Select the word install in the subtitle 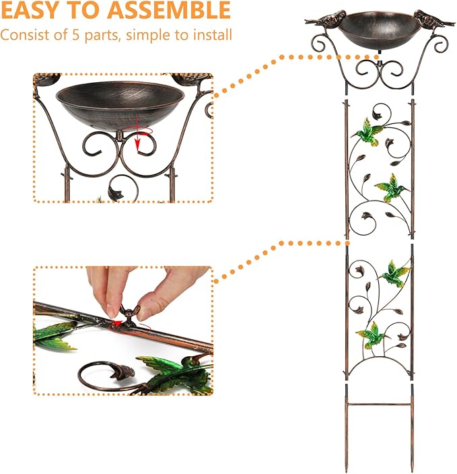(213, 34)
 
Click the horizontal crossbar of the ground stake (378, 405)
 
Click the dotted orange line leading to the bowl (276, 75)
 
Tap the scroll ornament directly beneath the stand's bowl (378, 71)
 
